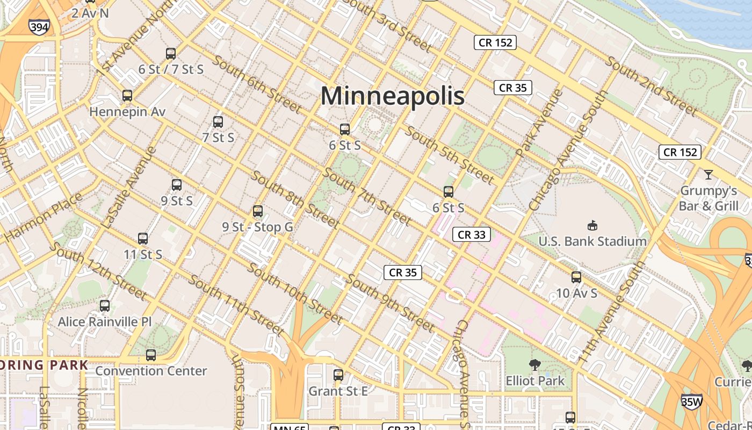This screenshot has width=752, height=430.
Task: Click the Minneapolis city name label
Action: pos(393,96)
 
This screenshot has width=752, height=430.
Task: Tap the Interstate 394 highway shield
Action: pos(40,27)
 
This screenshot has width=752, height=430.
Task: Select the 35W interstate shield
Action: pos(692,401)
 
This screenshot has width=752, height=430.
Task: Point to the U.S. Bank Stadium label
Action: pos(592,241)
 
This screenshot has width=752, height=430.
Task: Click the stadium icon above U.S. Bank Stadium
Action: pos(592,225)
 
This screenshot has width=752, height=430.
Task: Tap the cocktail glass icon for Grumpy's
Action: pos(708,175)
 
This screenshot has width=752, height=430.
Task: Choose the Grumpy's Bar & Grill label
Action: pos(708,198)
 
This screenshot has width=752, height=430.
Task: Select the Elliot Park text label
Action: pos(535,381)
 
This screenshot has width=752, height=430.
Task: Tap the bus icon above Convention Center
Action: pos(151,355)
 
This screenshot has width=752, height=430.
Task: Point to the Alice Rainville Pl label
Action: pos(105,321)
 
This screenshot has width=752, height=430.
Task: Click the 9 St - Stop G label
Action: pos(258,227)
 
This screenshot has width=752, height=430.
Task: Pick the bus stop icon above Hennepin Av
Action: pos(127,96)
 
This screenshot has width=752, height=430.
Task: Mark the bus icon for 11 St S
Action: pos(143,239)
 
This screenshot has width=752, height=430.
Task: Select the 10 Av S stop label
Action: pos(576,293)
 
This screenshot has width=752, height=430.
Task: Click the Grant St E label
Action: pos(338,391)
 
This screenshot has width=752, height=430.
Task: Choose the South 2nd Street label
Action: pos(652,86)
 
